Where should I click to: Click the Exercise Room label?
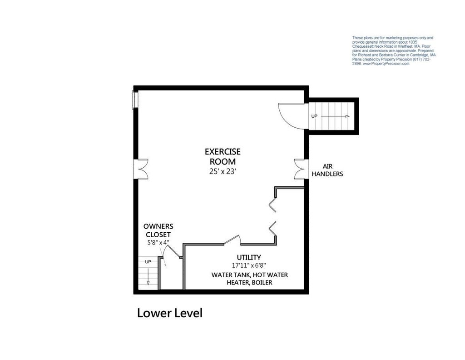(223, 157)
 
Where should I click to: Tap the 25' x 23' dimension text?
(223, 171)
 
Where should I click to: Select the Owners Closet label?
(158, 230)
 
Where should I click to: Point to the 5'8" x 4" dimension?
(158, 242)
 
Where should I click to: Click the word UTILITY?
(249, 257)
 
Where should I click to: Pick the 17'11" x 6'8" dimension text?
(249, 265)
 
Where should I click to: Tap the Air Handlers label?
(327, 170)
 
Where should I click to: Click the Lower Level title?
(170, 313)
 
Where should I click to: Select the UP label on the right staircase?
(314, 116)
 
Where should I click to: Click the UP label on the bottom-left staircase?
(148, 261)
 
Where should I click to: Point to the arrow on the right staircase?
(335, 116)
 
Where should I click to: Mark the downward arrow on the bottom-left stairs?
(148, 275)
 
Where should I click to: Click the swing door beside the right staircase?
(292, 116)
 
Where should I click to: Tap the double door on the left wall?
(141, 169)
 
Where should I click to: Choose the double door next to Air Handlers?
(300, 169)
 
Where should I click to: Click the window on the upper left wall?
(135, 100)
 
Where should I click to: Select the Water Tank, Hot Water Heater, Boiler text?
(249, 279)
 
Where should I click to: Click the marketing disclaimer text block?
(394, 51)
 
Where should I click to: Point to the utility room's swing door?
(232, 240)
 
